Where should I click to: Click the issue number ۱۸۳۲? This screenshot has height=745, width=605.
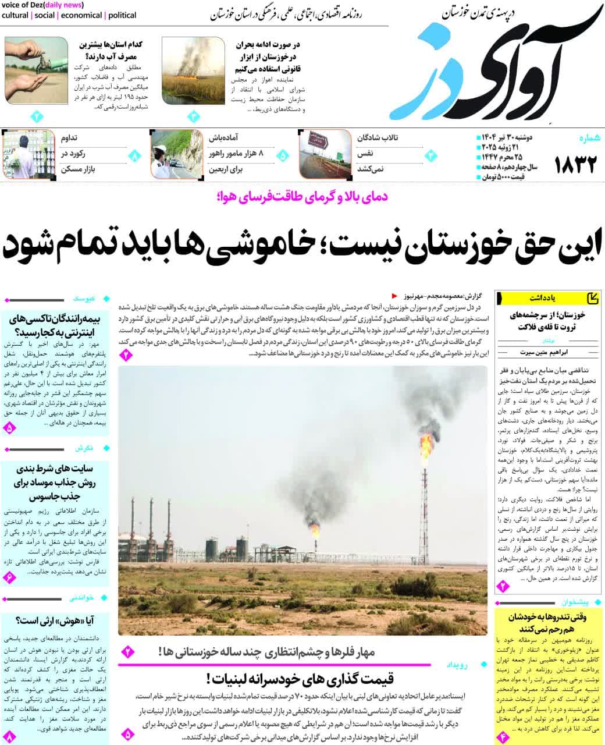(x=576, y=165)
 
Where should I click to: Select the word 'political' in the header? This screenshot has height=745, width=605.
(x=122, y=15)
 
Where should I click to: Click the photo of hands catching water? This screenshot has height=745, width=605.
(x=36, y=70)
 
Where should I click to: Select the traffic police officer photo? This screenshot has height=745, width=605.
(x=177, y=154)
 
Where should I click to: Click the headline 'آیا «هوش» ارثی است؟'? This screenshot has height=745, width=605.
(x=55, y=620)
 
